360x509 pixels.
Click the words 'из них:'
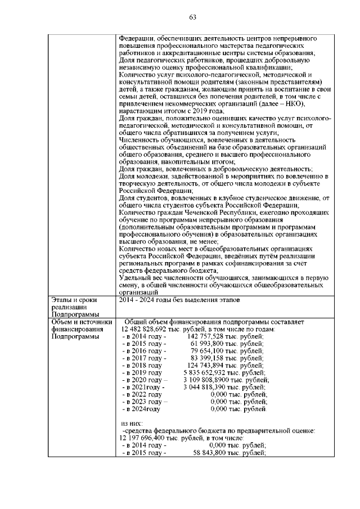132,423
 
